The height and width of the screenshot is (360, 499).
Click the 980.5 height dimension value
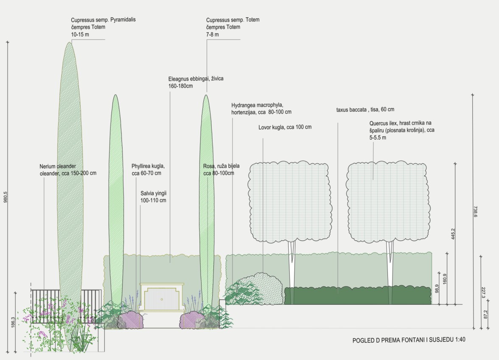6,196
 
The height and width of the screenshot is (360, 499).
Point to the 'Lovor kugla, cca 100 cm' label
285,127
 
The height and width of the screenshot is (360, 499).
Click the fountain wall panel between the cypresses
162,298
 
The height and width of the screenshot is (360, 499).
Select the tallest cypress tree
70,170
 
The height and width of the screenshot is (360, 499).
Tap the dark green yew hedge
356,295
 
